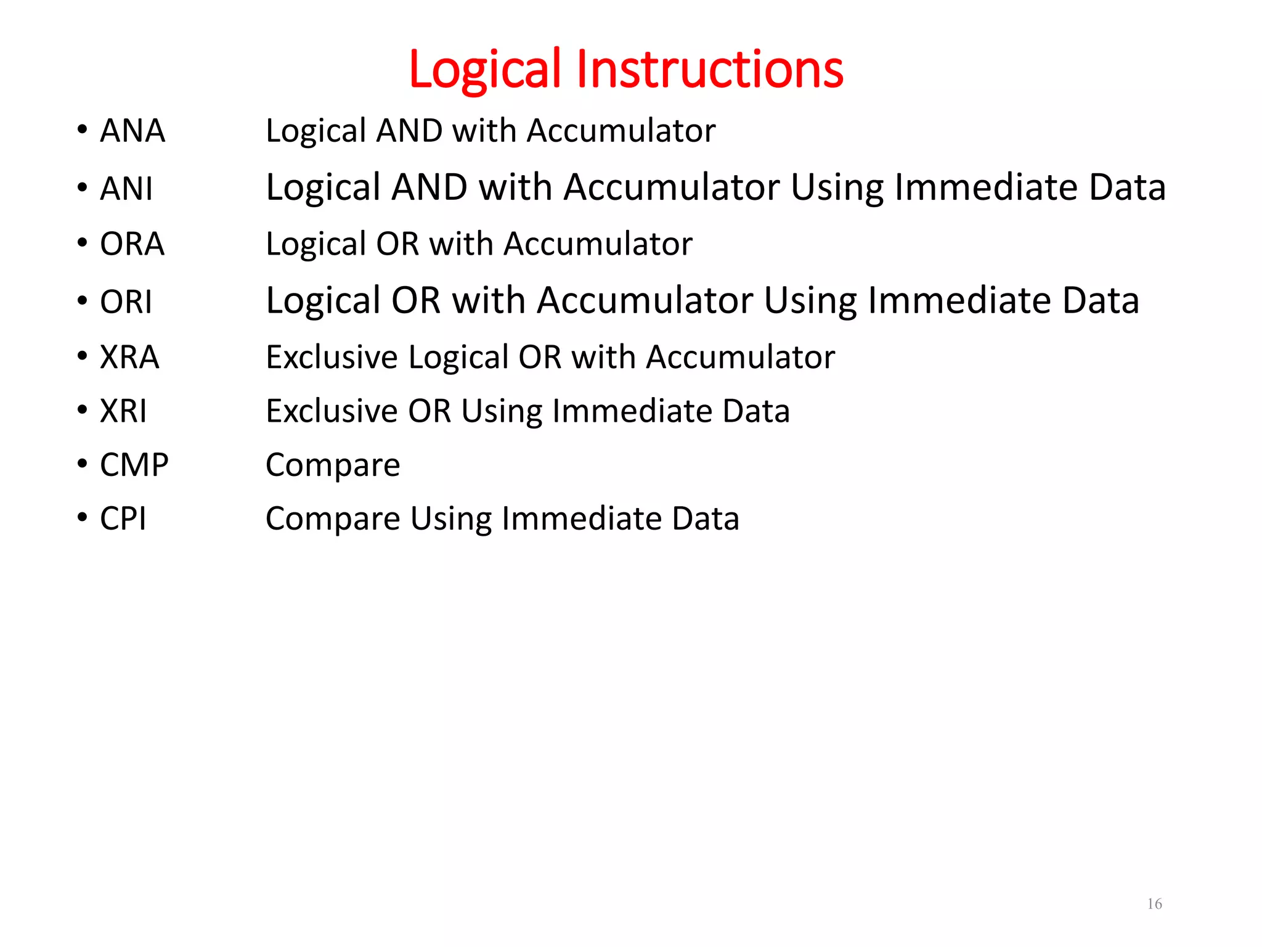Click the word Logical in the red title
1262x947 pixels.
pos(485,69)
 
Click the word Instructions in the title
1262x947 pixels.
pos(709,69)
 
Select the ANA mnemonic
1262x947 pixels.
pos(132,131)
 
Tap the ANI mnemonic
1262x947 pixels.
pos(126,189)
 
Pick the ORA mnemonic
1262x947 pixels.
pos(132,244)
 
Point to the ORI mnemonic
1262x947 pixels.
pos(126,302)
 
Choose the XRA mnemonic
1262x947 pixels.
pos(129,357)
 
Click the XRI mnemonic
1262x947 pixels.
pos(123,411)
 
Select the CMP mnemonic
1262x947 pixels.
pos(134,465)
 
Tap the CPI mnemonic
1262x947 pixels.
pos(123,519)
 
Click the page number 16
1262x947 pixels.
pos(1154,904)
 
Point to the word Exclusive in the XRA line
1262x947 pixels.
pos(332,357)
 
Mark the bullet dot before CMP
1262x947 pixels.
pos(83,464)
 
